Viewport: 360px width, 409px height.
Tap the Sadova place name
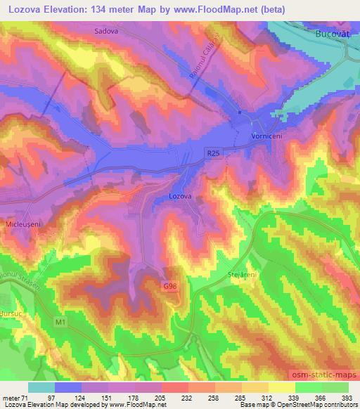pos(106,32)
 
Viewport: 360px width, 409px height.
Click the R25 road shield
pos(214,151)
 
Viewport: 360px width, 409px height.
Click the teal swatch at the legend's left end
pos(41,387)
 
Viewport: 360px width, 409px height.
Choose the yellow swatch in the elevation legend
pos(282,387)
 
